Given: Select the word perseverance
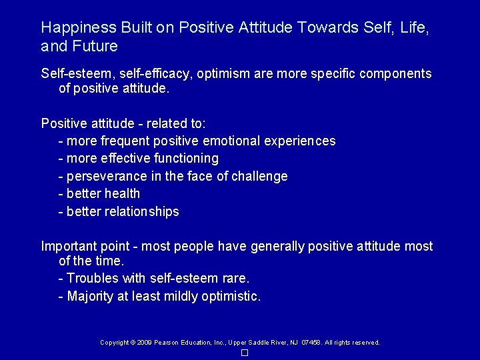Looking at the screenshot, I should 105,177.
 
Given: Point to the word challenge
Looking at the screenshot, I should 259,177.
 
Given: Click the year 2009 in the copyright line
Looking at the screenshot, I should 145,343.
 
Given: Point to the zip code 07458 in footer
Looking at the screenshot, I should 310,343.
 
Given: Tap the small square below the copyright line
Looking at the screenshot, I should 245,352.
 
